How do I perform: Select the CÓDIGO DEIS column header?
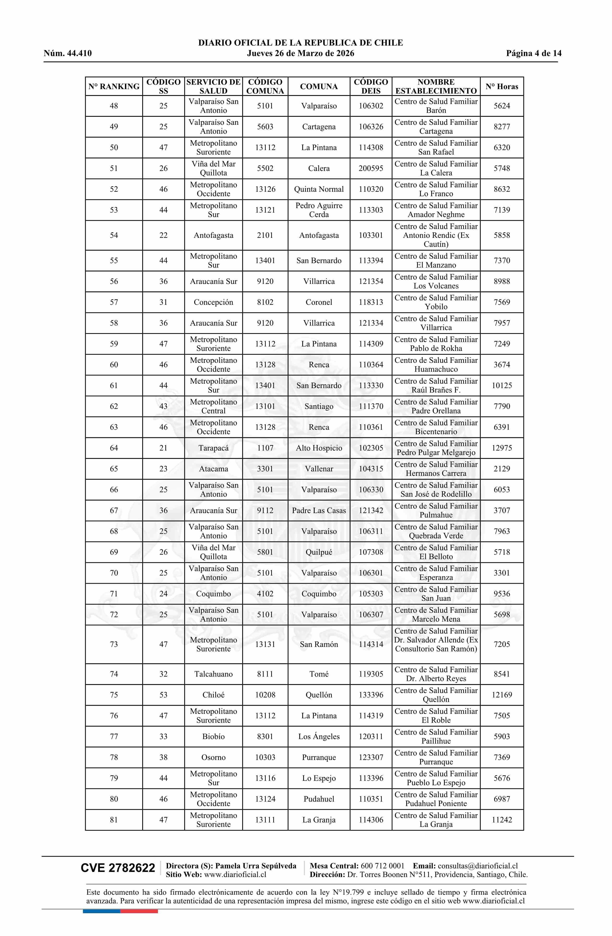point(371,87)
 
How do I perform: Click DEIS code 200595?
point(371,168)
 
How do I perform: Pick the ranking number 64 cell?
point(114,448)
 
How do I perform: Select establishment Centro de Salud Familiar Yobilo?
point(436,302)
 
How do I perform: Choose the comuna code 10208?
point(265,695)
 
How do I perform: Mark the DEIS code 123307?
point(371,757)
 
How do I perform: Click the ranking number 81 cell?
point(114,820)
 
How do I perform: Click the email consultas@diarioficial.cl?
point(478,866)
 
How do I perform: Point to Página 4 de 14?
point(534,54)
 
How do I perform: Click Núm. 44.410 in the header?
point(68,54)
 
